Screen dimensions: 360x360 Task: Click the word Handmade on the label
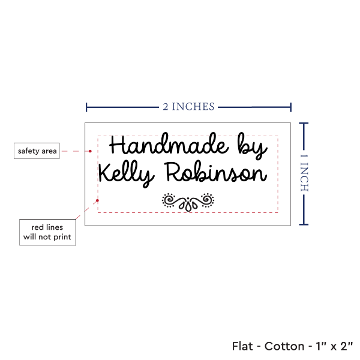click(x=169, y=145)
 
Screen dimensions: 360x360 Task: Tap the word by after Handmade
click(x=253, y=146)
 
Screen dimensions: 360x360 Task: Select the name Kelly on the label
click(x=127, y=174)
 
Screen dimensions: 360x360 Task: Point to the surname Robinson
click(x=216, y=172)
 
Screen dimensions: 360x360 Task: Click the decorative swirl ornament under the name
click(x=188, y=202)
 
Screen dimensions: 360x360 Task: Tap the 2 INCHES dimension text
click(x=189, y=107)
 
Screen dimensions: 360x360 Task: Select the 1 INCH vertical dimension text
click(x=304, y=173)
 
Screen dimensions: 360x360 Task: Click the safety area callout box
click(x=37, y=151)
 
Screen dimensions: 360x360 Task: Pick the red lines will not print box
click(x=47, y=232)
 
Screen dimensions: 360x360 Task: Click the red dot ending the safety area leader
click(x=90, y=151)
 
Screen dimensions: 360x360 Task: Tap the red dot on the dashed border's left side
click(x=97, y=200)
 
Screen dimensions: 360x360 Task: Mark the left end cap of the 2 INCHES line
click(x=86, y=107)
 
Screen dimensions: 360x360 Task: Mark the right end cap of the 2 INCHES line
click(x=290, y=107)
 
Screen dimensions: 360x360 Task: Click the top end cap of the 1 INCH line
click(x=304, y=124)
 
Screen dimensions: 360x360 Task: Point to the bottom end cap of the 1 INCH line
click(x=304, y=224)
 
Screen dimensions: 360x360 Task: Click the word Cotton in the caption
click(x=284, y=346)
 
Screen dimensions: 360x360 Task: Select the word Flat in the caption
click(x=242, y=346)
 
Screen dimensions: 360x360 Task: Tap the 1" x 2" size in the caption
click(x=334, y=346)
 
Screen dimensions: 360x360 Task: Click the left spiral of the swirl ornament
click(x=169, y=200)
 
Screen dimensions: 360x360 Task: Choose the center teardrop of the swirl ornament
click(x=188, y=206)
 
